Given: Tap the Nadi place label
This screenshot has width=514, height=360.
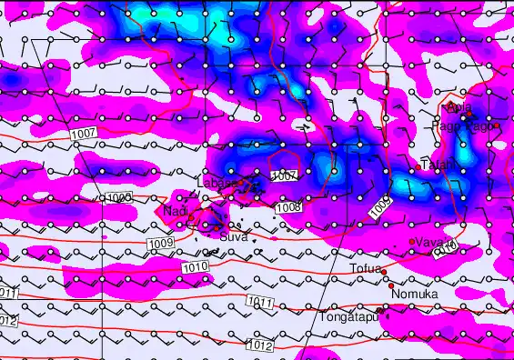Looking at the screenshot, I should [176, 211].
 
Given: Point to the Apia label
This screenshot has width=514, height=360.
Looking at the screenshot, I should [460, 108].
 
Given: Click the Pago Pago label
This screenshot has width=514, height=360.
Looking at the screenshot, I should [466, 127].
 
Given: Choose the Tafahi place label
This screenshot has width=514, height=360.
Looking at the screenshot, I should [439, 165].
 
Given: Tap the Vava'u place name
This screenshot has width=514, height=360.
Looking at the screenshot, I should [433, 242].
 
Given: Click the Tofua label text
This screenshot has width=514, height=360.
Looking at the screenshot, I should [366, 269].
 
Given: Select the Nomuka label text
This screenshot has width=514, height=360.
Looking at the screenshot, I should [415, 295].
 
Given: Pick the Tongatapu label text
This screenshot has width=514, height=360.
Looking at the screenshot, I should [348, 317].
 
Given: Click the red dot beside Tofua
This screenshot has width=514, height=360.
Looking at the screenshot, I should [384, 272].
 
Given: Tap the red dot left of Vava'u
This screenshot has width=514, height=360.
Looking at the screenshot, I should [412, 241].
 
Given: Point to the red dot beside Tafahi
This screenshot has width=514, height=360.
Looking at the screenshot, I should [419, 166].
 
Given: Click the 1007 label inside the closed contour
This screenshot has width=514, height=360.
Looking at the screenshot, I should [284, 175].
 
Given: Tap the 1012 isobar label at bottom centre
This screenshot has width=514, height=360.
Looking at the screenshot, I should [258, 345].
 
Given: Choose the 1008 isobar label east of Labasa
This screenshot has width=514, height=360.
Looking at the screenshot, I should [287, 207].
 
